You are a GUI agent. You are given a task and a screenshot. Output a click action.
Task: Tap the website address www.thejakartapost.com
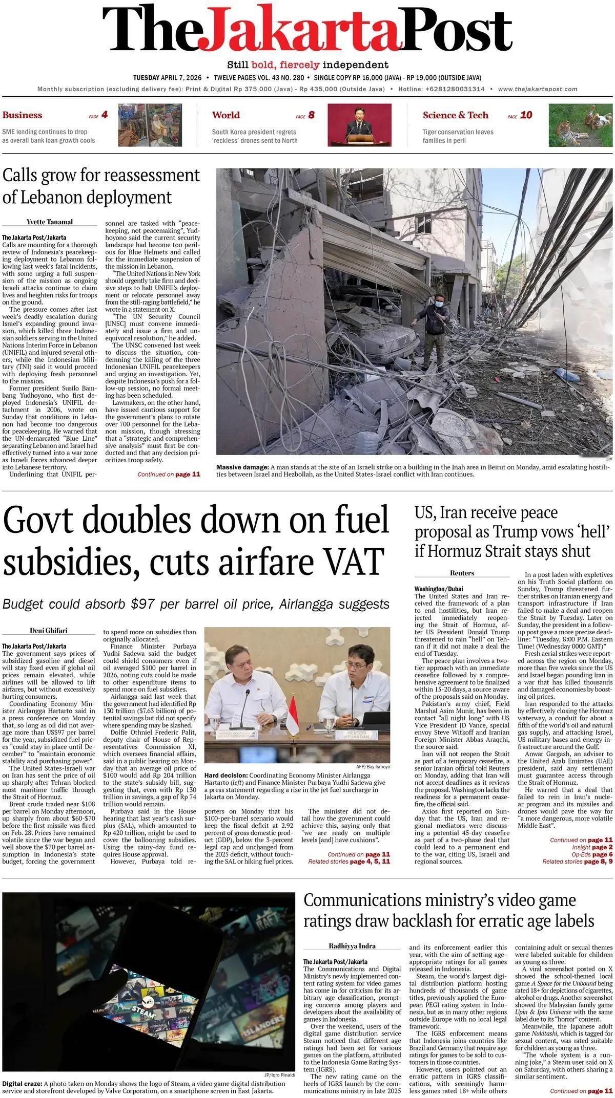pyautogui.click(x=538, y=89)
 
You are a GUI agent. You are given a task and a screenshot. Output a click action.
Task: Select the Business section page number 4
pyautogui.click(x=105, y=115)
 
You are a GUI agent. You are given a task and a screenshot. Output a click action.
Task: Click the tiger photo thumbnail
pyautogui.click(x=580, y=125)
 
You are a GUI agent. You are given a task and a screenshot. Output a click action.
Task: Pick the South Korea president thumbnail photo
pyautogui.click(x=359, y=125)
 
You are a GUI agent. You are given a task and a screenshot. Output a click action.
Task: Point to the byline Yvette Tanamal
pyautogui.click(x=50, y=222)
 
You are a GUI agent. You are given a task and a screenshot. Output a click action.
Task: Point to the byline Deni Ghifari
pyautogui.click(x=49, y=630)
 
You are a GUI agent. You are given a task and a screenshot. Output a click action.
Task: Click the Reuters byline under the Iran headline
pyautogui.click(x=462, y=573)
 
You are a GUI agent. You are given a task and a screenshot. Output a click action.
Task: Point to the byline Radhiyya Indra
pyautogui.click(x=352, y=945)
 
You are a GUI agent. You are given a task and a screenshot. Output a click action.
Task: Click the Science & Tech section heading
pyautogui.click(x=456, y=115)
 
